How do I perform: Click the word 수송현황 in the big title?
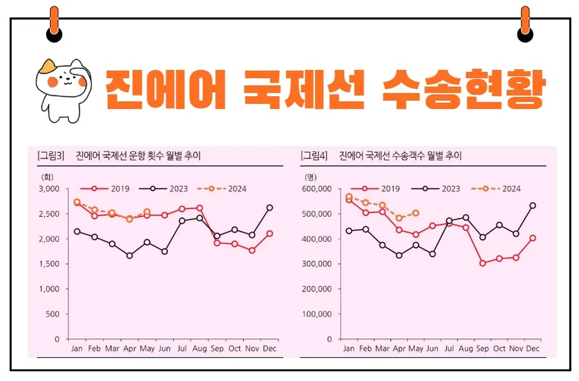(x=464, y=88)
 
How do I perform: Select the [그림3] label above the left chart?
(x=50, y=156)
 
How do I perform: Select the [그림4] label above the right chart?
(x=314, y=156)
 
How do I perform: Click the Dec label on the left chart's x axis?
(x=270, y=349)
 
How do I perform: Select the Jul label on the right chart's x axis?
(x=449, y=349)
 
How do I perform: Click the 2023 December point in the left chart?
(x=270, y=208)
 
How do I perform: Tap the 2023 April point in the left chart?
(x=129, y=255)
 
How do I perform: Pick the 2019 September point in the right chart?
(x=482, y=263)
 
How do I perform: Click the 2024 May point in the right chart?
(x=415, y=213)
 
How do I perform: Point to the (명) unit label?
(x=311, y=176)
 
